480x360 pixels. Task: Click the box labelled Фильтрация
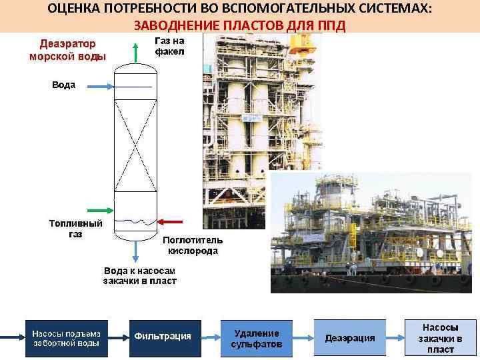tap(163, 337)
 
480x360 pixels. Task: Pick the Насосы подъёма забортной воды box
tap(67, 338)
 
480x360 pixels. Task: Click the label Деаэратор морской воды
tap(67, 50)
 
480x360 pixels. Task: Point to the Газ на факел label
tap(169, 45)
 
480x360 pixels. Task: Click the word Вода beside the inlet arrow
tap(64, 85)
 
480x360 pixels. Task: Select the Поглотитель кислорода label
tap(193, 245)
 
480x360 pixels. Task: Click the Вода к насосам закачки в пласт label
tap(139, 276)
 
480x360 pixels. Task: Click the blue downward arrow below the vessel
tap(136, 251)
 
